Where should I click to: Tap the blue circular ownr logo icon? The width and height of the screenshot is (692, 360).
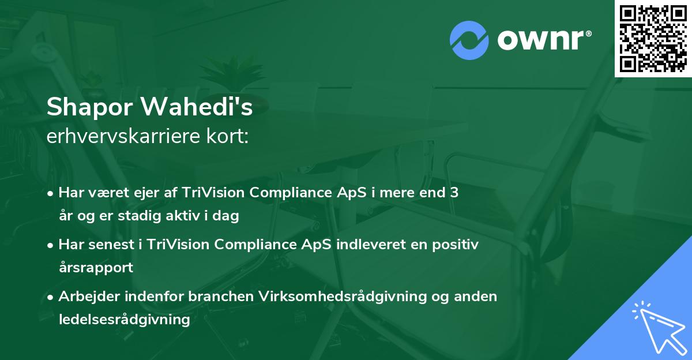click(x=469, y=40)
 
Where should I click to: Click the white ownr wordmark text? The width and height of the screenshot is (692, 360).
click(x=544, y=40)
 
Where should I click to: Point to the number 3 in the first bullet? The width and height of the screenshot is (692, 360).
click(x=454, y=193)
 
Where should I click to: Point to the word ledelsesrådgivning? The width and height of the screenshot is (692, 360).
click(x=125, y=320)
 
